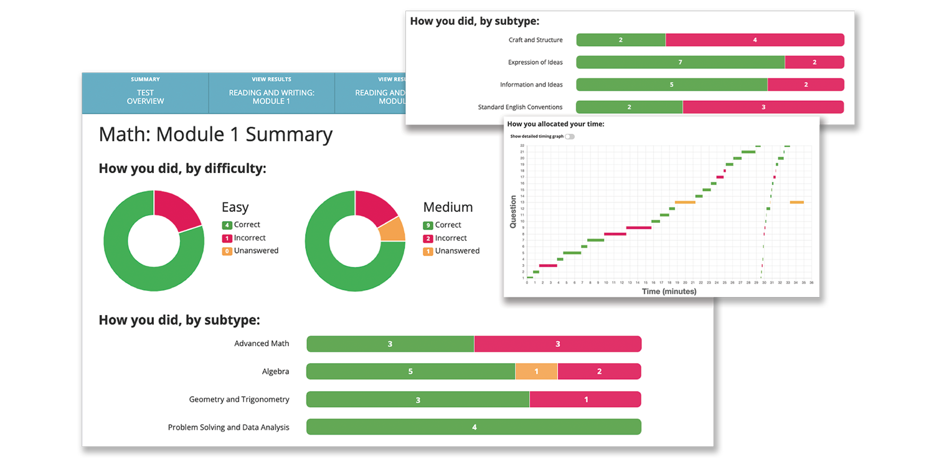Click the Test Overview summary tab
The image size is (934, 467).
click(x=145, y=93)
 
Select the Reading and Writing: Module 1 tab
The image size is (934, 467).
click(x=271, y=93)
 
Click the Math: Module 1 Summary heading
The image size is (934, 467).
click(x=215, y=134)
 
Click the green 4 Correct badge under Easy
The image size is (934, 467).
click(x=227, y=225)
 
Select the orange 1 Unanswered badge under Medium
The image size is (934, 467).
click(x=428, y=252)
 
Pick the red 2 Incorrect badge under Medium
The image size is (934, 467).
click(x=428, y=238)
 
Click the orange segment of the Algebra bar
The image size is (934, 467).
click(x=536, y=372)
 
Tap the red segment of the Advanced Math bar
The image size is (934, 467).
click(x=557, y=344)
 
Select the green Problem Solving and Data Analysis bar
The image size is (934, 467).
click(x=473, y=427)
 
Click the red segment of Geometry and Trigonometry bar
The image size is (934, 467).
click(x=585, y=400)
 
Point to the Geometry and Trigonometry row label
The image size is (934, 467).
click(x=239, y=400)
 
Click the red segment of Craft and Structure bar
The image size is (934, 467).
click(x=755, y=40)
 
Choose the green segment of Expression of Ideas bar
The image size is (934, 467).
click(x=680, y=62)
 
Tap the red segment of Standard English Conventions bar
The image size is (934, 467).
click(x=763, y=107)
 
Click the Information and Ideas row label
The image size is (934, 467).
click(x=531, y=85)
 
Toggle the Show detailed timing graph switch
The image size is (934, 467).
click(x=569, y=136)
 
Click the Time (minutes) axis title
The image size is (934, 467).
click(x=669, y=291)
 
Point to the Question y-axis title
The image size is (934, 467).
click(x=514, y=212)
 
